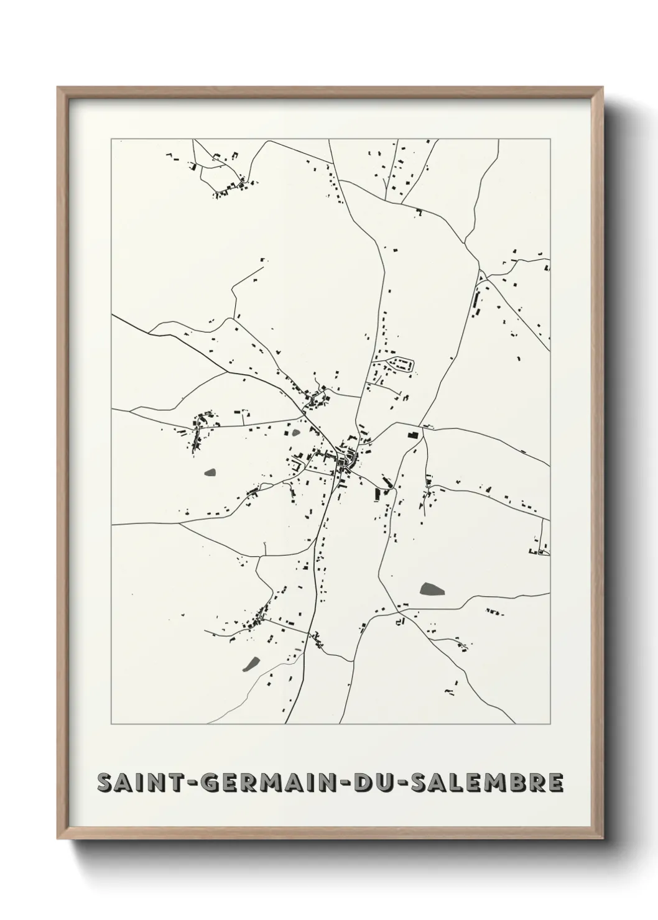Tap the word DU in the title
click(376, 783)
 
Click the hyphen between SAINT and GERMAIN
click(192, 783)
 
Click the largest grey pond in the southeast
click(429, 589)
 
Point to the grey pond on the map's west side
click(211, 473)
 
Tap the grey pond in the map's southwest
click(251, 665)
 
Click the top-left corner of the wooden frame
click(58, 88)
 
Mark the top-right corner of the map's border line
click(550, 139)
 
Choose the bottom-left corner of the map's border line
click(111, 724)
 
